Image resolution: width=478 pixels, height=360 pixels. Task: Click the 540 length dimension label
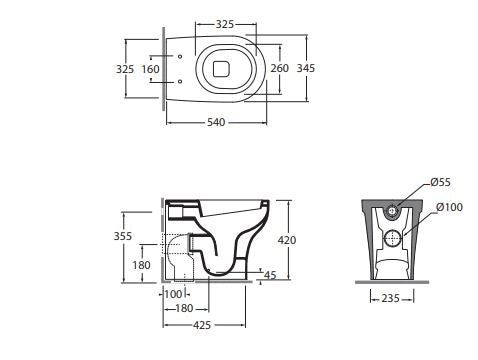(216, 122)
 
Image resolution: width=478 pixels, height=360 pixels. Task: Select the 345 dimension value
(306, 68)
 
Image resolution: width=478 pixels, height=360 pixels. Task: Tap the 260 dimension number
(279, 68)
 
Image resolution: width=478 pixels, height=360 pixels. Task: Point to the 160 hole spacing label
(151, 69)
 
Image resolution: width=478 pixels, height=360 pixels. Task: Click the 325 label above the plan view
(225, 24)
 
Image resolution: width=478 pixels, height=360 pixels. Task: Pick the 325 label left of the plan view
(125, 69)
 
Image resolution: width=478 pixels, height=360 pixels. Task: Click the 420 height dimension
(287, 240)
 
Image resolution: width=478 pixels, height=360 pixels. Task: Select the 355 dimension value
(123, 236)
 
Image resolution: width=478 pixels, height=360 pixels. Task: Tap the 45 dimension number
(270, 275)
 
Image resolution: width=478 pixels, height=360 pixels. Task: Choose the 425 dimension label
(202, 325)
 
